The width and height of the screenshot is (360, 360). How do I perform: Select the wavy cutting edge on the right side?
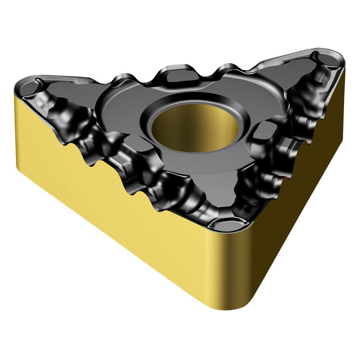click(295, 139)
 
